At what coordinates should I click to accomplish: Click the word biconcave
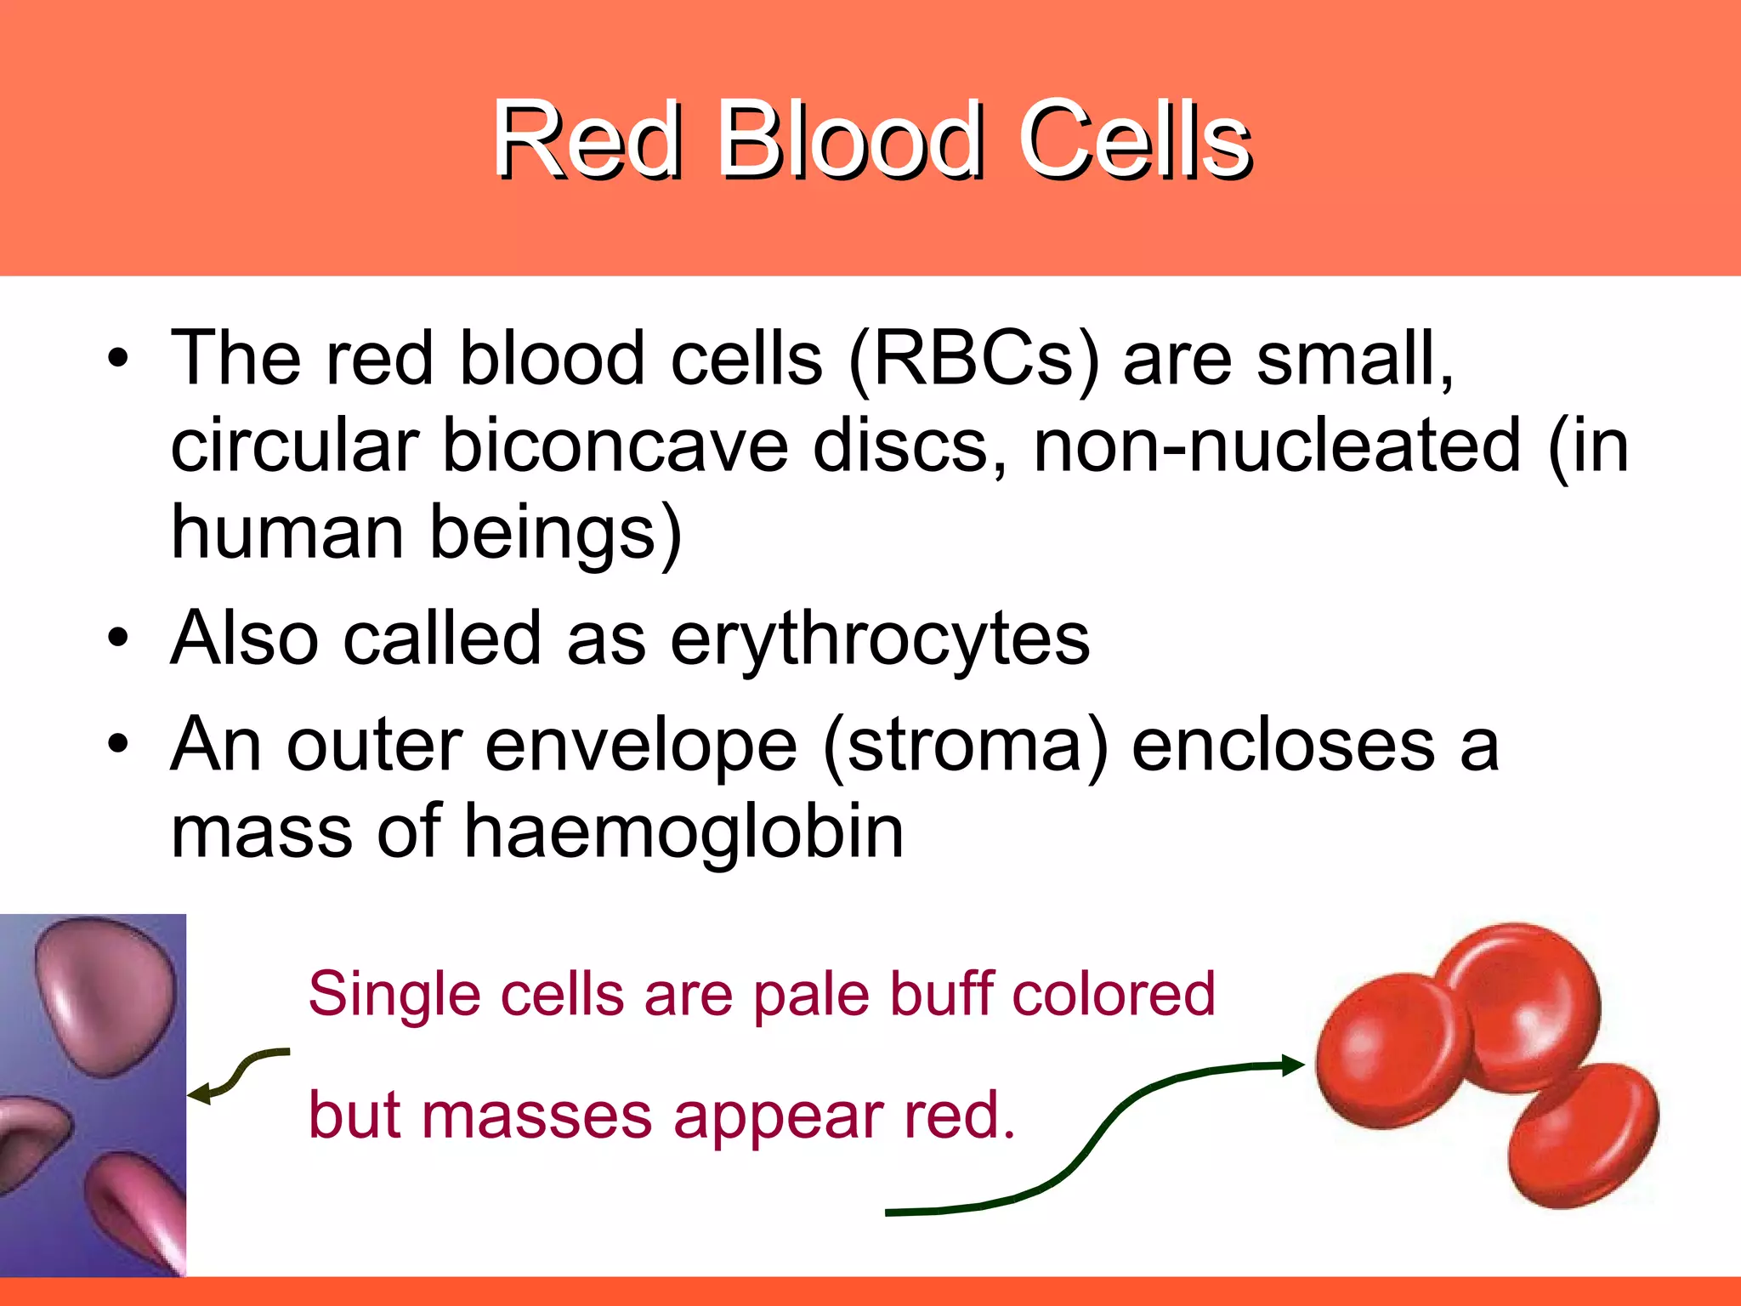(615, 447)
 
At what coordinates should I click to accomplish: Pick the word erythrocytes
(879, 639)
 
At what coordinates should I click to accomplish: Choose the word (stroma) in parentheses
(966, 747)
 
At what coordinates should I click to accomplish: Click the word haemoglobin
(683, 833)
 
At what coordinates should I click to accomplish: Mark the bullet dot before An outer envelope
(118, 745)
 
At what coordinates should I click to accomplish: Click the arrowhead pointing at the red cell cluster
(1292, 1065)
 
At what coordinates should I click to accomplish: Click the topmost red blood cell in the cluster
(1522, 1003)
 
